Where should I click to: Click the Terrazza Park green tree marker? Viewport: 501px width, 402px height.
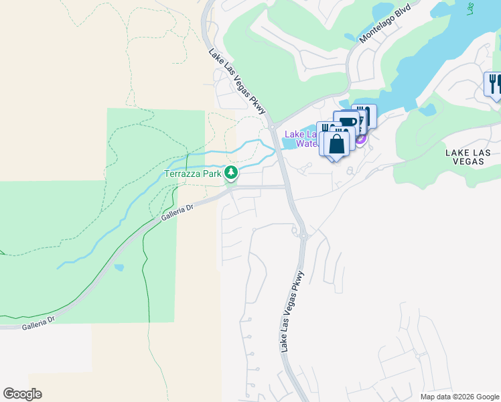(231, 174)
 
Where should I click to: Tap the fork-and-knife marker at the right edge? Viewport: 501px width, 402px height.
(494, 84)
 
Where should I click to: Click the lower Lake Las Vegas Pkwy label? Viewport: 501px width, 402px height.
(293, 312)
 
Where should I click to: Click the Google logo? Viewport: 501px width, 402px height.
(22, 394)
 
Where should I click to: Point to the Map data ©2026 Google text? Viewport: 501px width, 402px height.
(459, 397)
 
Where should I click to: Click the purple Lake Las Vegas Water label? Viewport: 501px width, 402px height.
(305, 139)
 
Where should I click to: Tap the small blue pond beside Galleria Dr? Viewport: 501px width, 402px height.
(119, 267)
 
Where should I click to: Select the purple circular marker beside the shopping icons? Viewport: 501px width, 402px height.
(361, 139)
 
